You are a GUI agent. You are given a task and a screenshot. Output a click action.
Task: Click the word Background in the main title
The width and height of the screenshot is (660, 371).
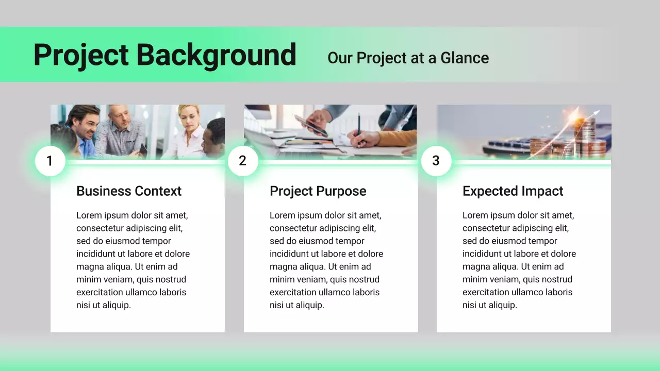click(216, 55)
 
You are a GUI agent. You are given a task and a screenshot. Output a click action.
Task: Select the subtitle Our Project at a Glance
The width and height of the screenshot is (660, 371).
click(408, 58)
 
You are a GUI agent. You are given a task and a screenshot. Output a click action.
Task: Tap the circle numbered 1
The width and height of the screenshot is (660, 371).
click(50, 161)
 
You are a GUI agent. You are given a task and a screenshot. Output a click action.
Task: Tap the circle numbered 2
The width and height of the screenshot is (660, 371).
click(243, 161)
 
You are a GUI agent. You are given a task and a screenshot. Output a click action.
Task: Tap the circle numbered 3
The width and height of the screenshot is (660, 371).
click(436, 161)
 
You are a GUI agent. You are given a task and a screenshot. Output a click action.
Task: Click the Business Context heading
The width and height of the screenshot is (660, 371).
click(129, 191)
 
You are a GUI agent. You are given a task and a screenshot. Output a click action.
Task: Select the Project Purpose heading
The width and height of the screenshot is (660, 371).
click(318, 191)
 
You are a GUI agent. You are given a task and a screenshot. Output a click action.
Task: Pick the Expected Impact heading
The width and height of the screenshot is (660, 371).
click(513, 191)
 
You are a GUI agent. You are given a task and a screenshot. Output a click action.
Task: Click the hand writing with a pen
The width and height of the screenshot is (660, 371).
click(364, 138)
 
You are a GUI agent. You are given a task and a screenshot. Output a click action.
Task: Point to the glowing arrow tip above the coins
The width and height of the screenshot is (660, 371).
click(597, 112)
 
